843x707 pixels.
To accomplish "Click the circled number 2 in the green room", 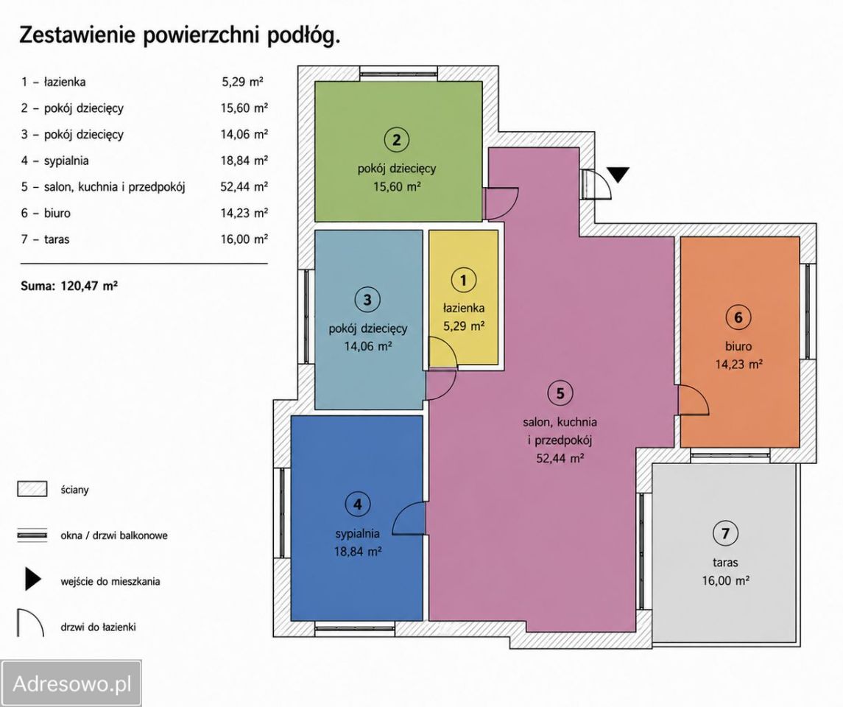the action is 397,140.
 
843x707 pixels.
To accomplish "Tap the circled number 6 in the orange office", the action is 738,317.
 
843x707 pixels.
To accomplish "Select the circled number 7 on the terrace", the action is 726,533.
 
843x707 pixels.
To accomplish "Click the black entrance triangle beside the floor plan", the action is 618,175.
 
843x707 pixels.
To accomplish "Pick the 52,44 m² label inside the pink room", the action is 560,458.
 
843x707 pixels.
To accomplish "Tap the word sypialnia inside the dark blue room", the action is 358,533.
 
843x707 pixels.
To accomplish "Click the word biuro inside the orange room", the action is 738,346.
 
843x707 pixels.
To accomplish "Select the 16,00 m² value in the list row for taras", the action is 244,239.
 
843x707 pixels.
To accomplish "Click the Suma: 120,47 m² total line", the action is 68,286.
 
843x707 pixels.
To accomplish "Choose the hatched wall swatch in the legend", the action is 32,489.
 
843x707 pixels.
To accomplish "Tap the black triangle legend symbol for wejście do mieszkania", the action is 32,580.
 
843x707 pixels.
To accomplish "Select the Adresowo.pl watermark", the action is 71,683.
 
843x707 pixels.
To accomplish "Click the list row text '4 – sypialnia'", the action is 54,161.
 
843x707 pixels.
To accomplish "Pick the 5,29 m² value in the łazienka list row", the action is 242,82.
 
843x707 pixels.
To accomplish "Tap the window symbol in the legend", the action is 32,535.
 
